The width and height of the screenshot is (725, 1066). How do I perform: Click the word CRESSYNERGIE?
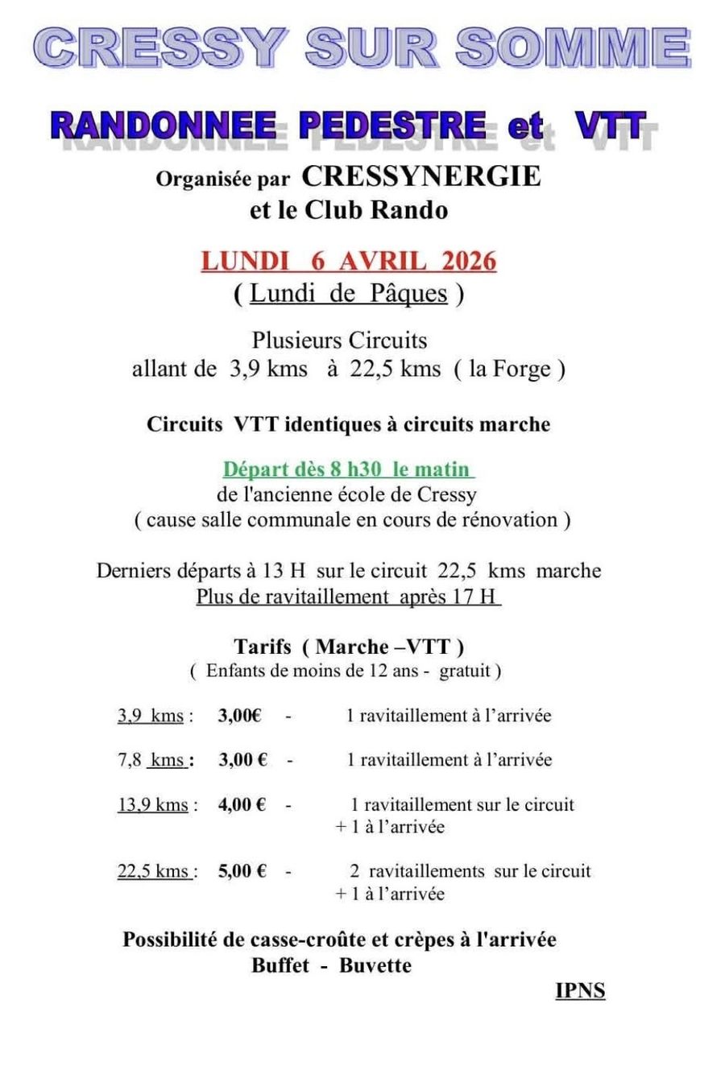[421, 176]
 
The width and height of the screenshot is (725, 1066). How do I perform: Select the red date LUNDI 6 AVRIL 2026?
[348, 262]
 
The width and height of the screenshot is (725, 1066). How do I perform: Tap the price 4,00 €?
[242, 804]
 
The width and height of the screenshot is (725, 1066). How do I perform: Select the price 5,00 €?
[242, 870]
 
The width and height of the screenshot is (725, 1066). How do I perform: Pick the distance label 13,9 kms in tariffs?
[153, 804]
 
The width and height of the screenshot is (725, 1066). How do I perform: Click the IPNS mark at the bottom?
[579, 990]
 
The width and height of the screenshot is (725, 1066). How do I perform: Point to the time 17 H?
[478, 597]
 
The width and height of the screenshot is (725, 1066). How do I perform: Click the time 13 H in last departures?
[284, 571]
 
